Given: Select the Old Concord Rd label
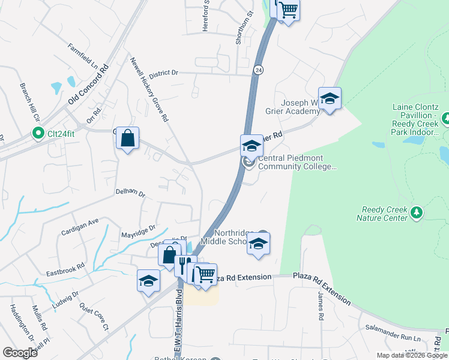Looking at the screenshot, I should point(88,85).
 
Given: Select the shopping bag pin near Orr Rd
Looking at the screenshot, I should point(127,138).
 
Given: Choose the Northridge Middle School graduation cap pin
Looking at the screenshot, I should point(259,244).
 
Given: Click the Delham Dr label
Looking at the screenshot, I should point(130,193).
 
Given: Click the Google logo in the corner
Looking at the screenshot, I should point(20,353).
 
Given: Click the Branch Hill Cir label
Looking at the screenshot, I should point(28,102).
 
